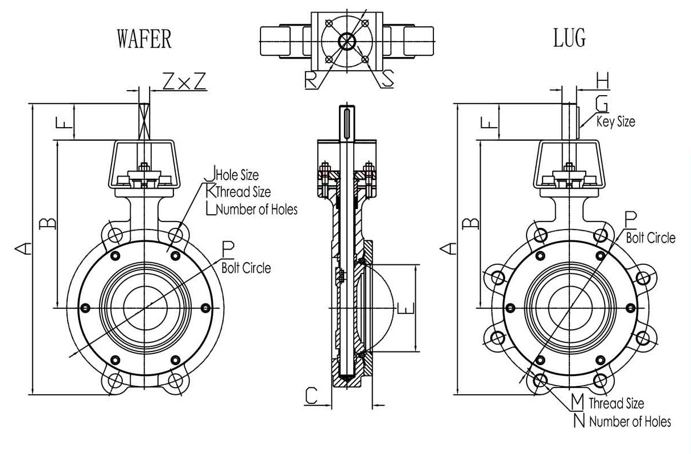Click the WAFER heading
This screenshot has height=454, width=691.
[x=144, y=39]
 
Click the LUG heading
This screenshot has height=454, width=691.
[x=569, y=38]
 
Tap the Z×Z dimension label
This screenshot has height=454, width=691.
[x=184, y=81]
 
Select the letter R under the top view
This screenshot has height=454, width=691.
[x=311, y=80]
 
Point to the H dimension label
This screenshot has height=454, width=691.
[x=603, y=80]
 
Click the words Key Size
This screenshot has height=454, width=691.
[x=616, y=121]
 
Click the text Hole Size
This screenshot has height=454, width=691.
[x=237, y=175]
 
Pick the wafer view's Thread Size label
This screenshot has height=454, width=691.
[x=243, y=192]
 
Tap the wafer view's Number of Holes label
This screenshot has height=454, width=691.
[x=257, y=210]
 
